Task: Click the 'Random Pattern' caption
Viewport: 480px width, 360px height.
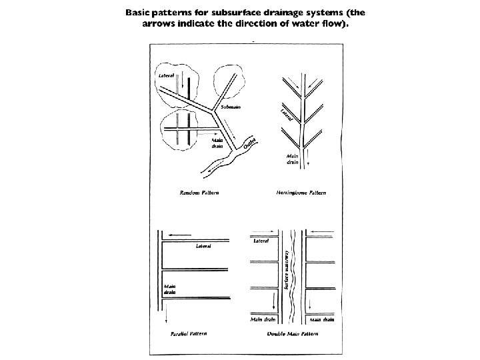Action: (200, 193)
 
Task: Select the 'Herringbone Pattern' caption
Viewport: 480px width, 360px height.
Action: (301, 193)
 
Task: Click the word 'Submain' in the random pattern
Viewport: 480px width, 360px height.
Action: (231, 107)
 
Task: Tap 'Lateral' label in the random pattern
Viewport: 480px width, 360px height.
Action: (166, 75)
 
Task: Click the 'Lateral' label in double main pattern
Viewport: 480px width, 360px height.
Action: (261, 241)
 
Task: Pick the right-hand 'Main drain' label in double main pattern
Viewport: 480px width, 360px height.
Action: (322, 319)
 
